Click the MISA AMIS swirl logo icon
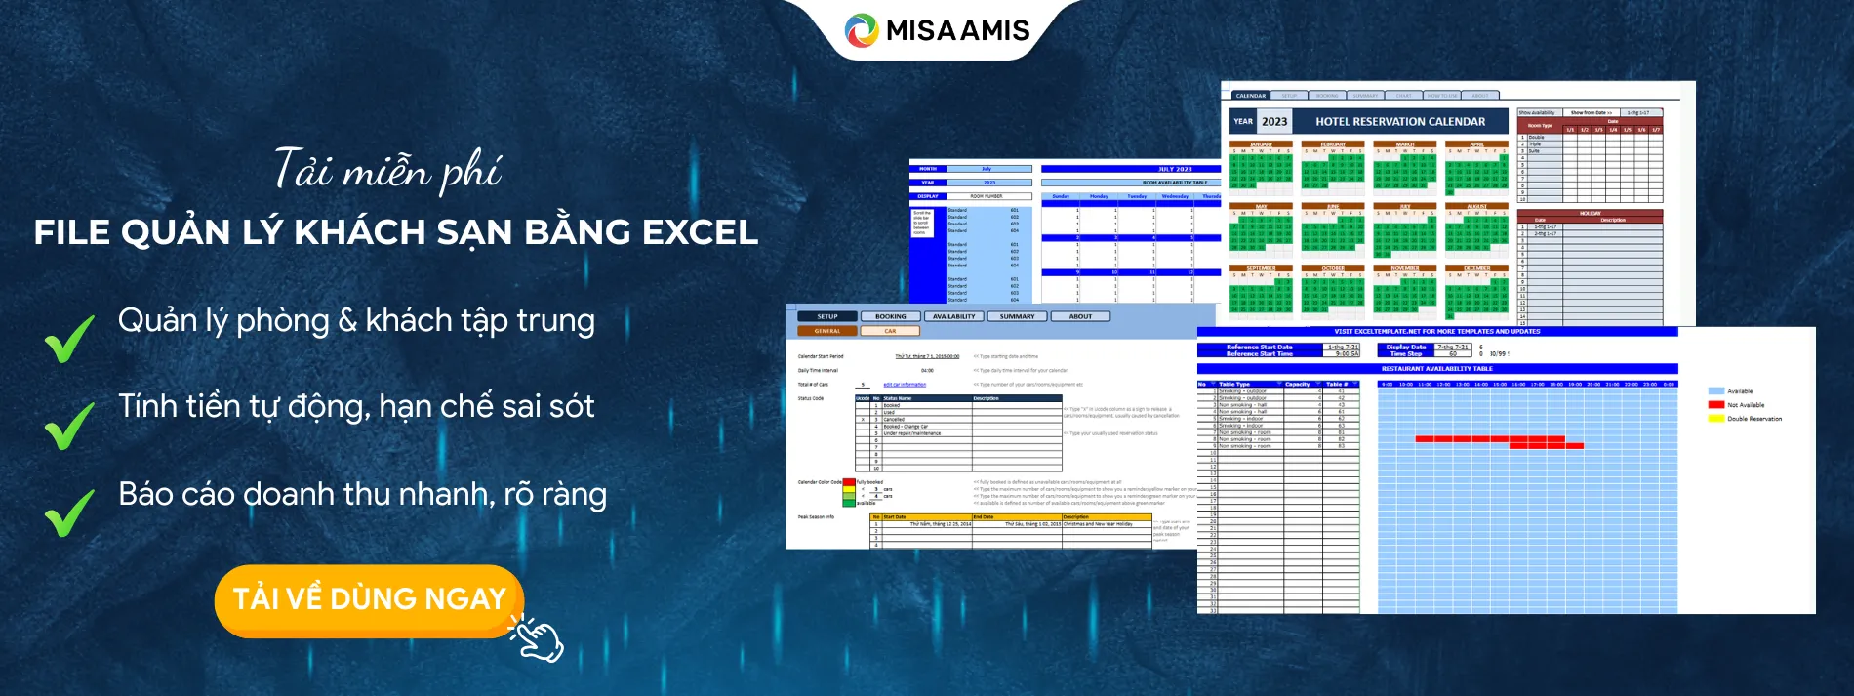pos(862,30)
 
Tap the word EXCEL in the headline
pos(699,232)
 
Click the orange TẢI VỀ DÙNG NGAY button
pos(369,598)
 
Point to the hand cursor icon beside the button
pos(538,639)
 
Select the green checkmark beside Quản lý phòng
pos(69,338)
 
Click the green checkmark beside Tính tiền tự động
pos(69,425)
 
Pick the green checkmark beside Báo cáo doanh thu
pos(69,512)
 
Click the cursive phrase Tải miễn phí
pos(387,171)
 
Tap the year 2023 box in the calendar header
pos(1273,122)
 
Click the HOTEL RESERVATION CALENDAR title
pos(1399,122)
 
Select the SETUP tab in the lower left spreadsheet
pos(827,316)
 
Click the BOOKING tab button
pos(890,316)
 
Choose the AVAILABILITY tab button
pos(953,316)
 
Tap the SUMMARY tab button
pos(1017,316)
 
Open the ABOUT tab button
pos(1080,316)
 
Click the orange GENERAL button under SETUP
pos(827,331)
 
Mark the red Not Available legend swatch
pos(1715,404)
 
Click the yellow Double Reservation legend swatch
pos(1715,419)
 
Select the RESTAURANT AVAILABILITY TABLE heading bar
pos(1436,369)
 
